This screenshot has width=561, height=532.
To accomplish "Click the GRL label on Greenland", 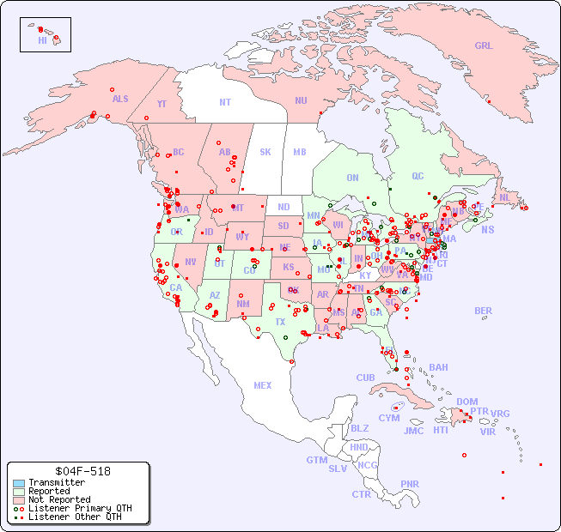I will tap(484, 46).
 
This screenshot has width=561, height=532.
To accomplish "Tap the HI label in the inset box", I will tap(42, 40).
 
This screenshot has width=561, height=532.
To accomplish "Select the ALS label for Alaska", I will tap(120, 99).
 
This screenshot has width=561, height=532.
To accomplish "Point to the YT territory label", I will tap(162, 104).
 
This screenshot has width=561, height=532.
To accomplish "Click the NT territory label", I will tap(225, 102).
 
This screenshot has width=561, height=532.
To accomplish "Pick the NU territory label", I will tap(301, 100).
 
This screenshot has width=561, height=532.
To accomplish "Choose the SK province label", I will tap(265, 152).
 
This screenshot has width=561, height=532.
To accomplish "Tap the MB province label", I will tap(300, 152).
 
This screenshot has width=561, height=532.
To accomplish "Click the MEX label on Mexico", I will tap(263, 385).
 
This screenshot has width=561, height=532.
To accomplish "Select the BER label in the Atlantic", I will tap(484, 311).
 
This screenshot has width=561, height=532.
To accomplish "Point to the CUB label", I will tap(365, 378).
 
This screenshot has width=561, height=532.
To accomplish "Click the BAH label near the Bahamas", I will tap(438, 367).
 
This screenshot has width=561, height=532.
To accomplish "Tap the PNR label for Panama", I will tap(410, 484).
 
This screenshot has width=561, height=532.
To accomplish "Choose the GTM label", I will tap(316, 460).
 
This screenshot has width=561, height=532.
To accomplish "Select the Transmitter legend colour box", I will tap(19, 483).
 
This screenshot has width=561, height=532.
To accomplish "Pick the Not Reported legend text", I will tap(59, 499).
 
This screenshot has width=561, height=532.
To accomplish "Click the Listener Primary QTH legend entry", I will tap(70, 508).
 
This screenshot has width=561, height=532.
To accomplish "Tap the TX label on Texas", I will tap(280, 322).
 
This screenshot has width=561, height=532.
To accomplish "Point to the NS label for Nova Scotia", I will tap(487, 229).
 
